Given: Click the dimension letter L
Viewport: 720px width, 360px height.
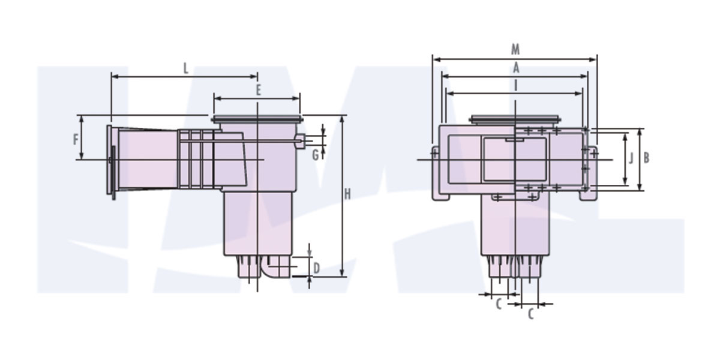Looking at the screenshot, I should pyautogui.click(x=186, y=68).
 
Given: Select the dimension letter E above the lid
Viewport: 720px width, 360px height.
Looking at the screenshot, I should pyautogui.click(x=258, y=91).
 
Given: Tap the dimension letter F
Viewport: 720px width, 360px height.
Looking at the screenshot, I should pyautogui.click(x=76, y=140).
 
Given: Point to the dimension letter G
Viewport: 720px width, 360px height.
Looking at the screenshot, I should pyautogui.click(x=315, y=155).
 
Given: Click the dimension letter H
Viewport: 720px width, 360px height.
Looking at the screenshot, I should pyautogui.click(x=347, y=194).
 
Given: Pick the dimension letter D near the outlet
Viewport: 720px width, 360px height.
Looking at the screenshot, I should pyautogui.click(x=317, y=266).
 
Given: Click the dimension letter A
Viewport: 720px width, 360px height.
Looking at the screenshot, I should pyautogui.click(x=515, y=68).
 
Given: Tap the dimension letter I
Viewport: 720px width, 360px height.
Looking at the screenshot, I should pyautogui.click(x=515, y=85).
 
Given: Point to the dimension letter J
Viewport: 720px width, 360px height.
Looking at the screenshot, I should pyautogui.click(x=631, y=159).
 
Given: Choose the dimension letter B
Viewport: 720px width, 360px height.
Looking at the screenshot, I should pyautogui.click(x=646, y=158).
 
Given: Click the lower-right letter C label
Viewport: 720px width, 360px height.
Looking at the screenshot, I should pyautogui.click(x=530, y=313).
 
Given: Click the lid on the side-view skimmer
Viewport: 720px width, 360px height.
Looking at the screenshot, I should pyautogui.click(x=256, y=118).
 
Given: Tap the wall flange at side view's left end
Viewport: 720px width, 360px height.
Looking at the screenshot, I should pyautogui.click(x=111, y=161).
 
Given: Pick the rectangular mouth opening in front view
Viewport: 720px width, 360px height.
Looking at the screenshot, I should pyautogui.click(x=515, y=159).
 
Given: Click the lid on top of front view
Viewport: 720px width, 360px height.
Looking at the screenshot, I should pyautogui.click(x=515, y=119).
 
